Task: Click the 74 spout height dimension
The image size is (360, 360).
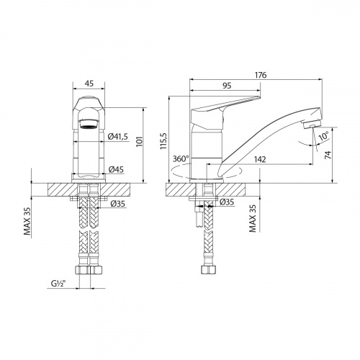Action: click(x=328, y=155)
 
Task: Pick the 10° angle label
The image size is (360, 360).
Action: click(x=325, y=135)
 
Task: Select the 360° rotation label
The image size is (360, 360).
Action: click(x=181, y=158)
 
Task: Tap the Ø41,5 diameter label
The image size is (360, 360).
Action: click(x=118, y=137)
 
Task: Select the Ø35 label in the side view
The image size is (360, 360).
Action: click(x=227, y=202)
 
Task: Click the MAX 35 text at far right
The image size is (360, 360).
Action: click(x=253, y=217)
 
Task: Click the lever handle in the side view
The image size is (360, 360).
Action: click(x=224, y=107)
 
